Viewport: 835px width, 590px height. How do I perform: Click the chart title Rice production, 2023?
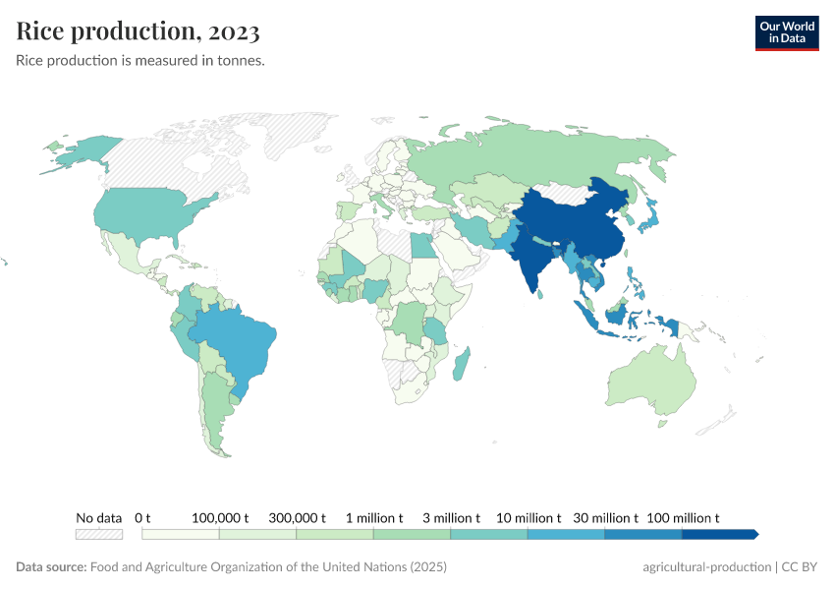139,31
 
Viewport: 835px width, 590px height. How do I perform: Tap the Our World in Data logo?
786,32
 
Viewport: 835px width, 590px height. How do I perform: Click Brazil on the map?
241,339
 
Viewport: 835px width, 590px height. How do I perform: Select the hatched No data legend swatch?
99,534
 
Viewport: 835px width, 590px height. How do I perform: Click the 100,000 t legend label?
220,517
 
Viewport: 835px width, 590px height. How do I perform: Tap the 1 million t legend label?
374,517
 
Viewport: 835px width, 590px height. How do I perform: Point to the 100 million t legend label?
684,517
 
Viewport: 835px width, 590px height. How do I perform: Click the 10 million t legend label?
529,517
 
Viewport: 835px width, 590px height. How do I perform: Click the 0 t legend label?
142,517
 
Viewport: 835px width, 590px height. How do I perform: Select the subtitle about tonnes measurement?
140,61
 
